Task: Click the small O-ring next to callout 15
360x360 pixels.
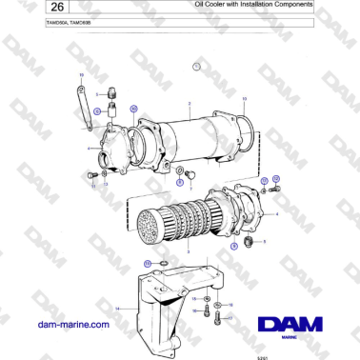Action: click(x=163, y=263)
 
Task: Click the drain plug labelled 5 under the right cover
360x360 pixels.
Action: click(x=250, y=244)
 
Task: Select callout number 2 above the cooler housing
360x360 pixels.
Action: click(x=190, y=101)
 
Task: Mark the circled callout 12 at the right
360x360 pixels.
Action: click(x=276, y=179)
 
